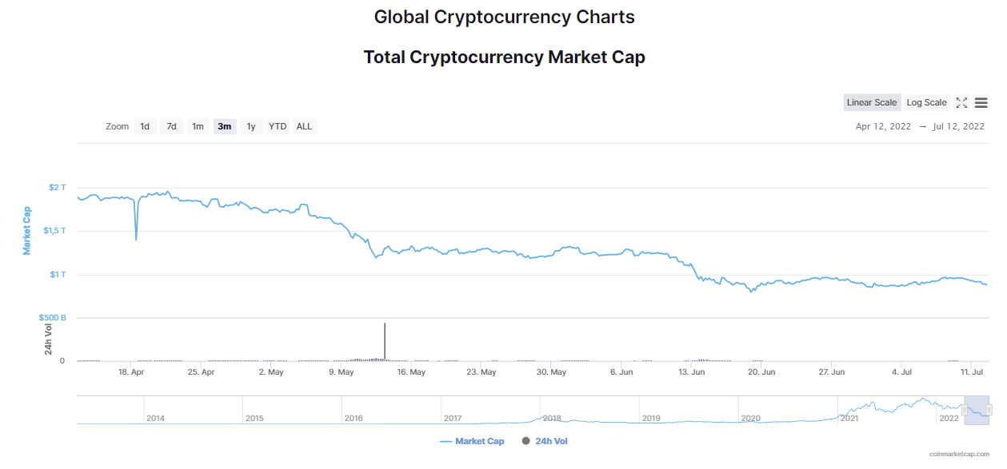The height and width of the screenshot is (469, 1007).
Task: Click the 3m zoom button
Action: click(x=224, y=127)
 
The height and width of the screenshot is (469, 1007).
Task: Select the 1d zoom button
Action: click(x=145, y=127)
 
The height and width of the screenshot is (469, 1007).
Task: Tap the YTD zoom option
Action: click(x=278, y=127)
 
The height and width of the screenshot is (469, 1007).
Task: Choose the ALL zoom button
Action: click(x=305, y=127)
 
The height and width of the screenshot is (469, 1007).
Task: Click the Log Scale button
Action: click(x=926, y=102)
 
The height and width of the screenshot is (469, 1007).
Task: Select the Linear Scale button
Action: click(x=872, y=102)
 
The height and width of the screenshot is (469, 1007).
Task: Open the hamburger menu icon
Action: click(x=981, y=103)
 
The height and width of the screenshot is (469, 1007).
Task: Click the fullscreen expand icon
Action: click(x=961, y=103)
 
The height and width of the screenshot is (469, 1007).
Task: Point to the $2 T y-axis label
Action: click(x=58, y=187)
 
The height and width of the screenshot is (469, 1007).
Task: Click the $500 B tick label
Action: click(x=53, y=318)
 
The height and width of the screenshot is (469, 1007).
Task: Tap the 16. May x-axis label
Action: click(x=411, y=372)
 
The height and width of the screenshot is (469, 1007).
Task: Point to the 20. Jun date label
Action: click(x=761, y=372)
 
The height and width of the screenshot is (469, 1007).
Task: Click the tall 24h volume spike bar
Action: click(x=385, y=341)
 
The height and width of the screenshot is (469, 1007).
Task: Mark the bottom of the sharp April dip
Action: click(x=136, y=240)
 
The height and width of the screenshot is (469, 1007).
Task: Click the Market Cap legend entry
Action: click(x=472, y=441)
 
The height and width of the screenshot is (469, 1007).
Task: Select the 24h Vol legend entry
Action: click(x=545, y=441)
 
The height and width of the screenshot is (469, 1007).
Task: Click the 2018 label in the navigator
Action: click(x=552, y=418)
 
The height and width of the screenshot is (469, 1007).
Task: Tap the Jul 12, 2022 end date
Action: click(x=958, y=127)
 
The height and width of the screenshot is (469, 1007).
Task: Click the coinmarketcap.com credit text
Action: click(x=959, y=454)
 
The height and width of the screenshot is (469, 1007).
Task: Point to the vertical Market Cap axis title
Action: click(x=27, y=231)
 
